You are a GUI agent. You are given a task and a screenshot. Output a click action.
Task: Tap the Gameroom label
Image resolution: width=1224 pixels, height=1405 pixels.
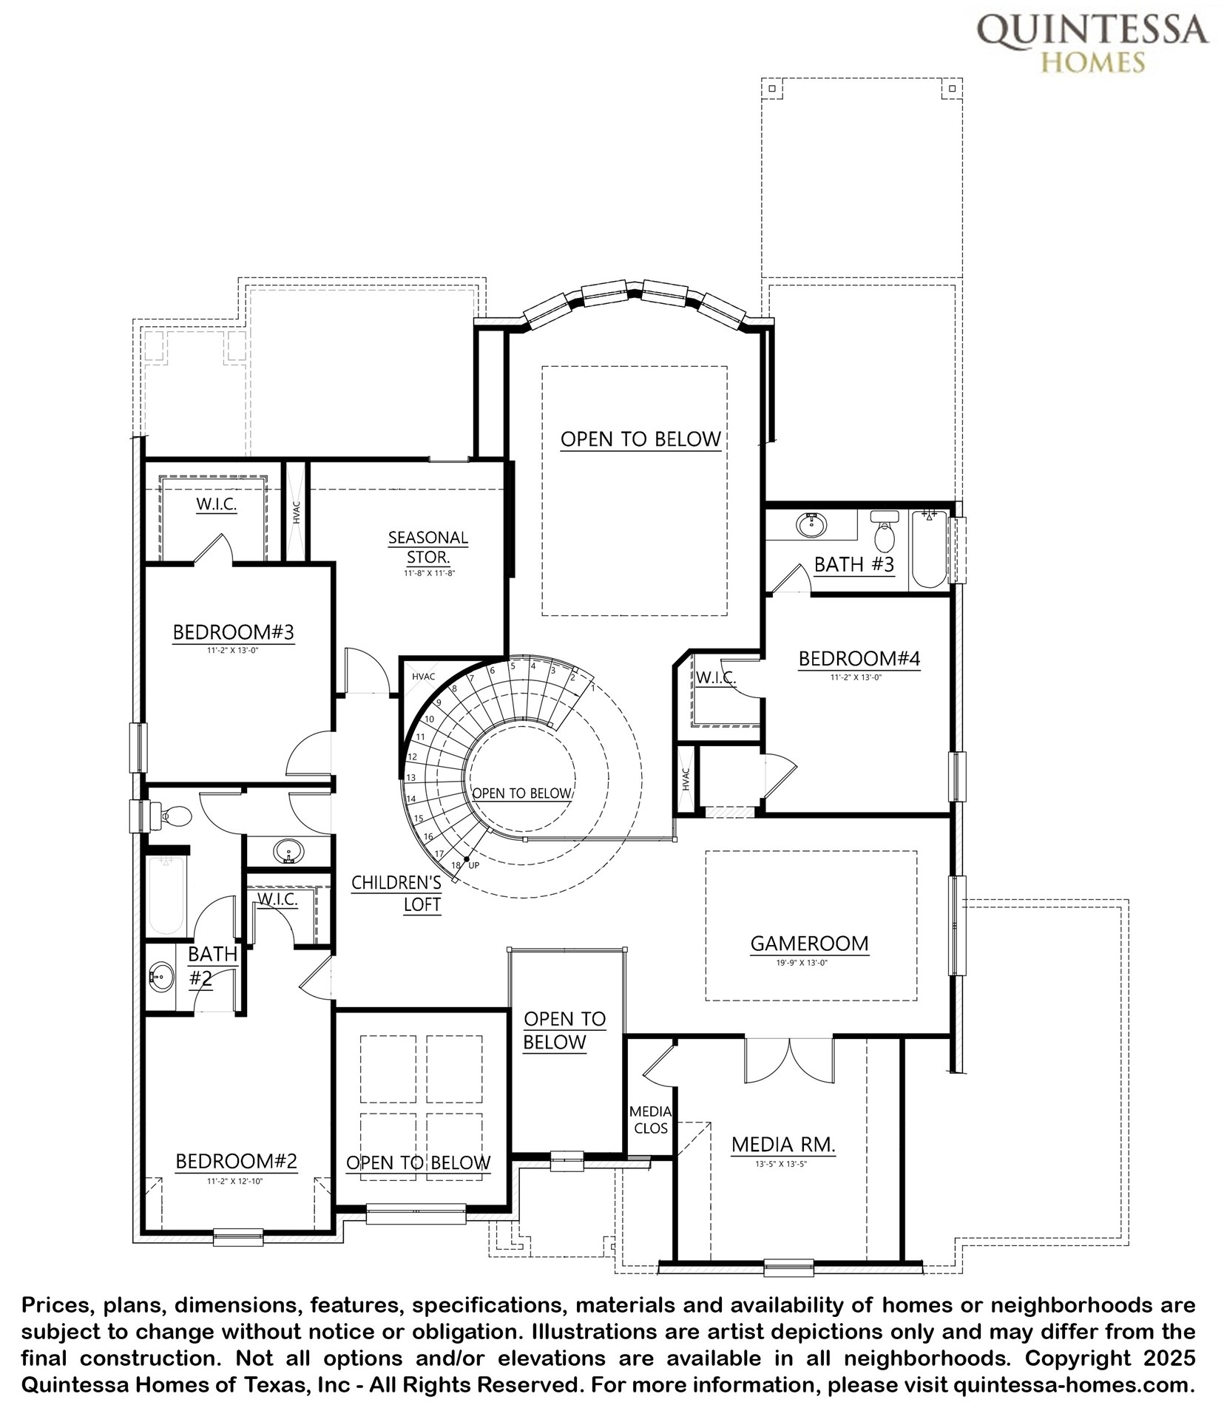(809, 944)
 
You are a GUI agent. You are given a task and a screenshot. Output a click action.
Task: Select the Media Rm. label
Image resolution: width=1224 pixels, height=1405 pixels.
(783, 1145)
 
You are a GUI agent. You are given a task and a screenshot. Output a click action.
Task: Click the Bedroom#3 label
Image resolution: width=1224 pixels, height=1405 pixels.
(234, 632)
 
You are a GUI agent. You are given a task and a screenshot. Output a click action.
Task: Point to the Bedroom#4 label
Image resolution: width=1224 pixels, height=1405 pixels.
(859, 658)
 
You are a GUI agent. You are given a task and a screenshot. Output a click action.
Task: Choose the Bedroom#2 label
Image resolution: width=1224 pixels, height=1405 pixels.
(236, 1161)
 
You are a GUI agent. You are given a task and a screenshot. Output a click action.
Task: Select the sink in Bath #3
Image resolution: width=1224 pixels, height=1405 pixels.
(811, 525)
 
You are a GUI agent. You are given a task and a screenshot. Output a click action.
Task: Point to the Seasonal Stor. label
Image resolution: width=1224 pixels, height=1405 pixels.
(428, 547)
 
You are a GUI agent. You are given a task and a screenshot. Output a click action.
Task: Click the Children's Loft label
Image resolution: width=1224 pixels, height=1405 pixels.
(397, 893)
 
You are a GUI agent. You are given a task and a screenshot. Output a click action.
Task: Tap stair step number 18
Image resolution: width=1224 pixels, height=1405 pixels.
(456, 865)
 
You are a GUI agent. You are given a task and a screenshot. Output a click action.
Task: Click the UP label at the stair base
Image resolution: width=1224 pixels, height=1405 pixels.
(474, 865)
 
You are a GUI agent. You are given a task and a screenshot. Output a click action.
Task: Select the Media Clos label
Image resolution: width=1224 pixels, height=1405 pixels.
(651, 1120)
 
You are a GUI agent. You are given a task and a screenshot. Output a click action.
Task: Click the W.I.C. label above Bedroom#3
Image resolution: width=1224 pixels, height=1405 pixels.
(216, 504)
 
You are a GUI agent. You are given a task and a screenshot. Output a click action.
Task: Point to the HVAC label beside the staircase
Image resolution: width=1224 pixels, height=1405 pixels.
(424, 677)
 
